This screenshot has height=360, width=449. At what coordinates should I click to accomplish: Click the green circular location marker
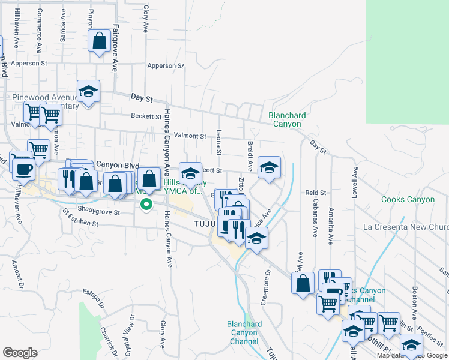click(145, 205)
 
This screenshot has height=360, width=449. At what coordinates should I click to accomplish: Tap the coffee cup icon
click(23, 170)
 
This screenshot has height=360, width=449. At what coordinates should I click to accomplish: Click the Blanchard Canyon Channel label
click(244, 333)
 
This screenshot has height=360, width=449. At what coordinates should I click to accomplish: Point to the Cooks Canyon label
click(408, 199)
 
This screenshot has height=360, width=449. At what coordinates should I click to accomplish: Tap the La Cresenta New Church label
click(406, 227)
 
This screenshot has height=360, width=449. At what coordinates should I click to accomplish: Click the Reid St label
click(315, 193)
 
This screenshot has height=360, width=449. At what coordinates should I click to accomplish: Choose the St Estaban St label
click(79, 223)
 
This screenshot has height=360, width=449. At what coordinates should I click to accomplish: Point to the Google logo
click(20, 353)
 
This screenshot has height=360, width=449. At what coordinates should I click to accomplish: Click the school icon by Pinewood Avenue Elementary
click(88, 92)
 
